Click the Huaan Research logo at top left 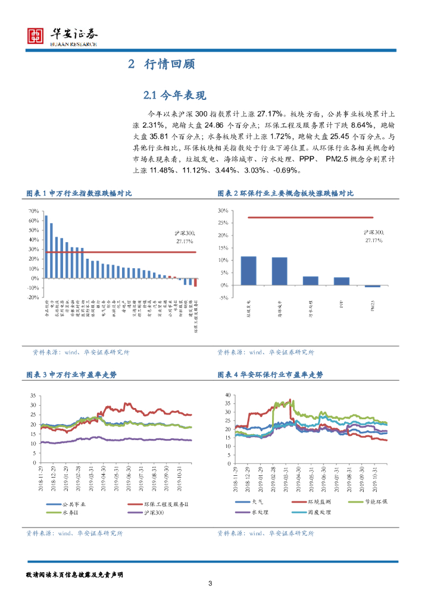coord(63,36)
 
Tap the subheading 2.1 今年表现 coord(174,95)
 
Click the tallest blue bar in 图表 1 coord(46,246)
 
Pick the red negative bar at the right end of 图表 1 coord(195,282)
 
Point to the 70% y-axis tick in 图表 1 coord(33,211)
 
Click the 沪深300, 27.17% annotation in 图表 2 coord(374,237)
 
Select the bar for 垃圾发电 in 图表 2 coord(248,271)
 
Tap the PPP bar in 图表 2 coord(341,281)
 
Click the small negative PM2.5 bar coord(372,287)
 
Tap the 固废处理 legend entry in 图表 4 coord(316,511)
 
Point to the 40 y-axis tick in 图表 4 coord(227,395)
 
